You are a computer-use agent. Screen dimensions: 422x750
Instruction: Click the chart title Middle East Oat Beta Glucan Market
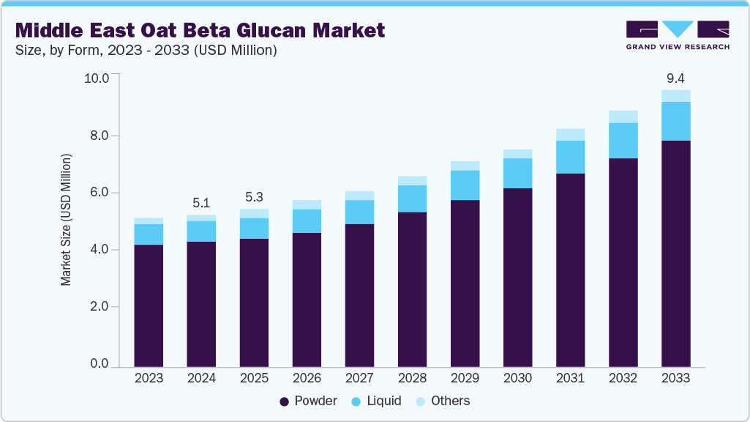(199, 30)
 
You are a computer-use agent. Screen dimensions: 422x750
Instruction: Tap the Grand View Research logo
(677, 35)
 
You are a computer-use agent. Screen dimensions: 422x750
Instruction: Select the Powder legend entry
(308, 401)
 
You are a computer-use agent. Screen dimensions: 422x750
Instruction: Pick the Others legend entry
(443, 401)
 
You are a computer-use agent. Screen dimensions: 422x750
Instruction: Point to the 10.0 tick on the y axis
(97, 78)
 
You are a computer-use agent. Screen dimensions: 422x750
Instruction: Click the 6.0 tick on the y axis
(100, 193)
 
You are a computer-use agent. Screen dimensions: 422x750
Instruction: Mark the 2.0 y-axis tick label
(100, 307)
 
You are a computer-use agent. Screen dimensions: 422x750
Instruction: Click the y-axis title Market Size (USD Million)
(67, 220)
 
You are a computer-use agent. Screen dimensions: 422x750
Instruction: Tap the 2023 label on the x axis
(149, 378)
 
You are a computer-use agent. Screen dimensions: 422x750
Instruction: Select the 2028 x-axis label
(412, 378)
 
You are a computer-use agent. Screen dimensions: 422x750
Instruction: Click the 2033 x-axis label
(675, 378)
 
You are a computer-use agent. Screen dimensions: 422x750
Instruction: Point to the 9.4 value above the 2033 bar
(675, 78)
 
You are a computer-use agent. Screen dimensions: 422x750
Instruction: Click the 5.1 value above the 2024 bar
(201, 203)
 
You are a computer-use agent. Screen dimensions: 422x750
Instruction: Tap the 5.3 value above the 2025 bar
(254, 197)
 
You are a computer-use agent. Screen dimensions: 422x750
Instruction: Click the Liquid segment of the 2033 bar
(675, 121)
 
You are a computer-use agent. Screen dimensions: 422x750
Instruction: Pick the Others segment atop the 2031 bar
(570, 135)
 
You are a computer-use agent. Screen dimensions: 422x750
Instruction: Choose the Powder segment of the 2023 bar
(149, 306)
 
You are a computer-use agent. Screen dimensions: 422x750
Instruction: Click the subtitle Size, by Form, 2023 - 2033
(146, 51)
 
